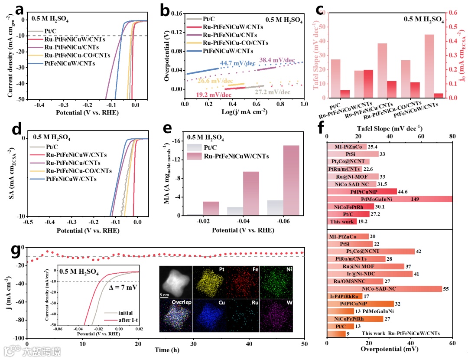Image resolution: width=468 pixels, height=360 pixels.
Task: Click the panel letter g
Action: click(x=16, y=250)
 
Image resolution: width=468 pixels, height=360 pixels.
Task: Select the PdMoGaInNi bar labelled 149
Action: click(x=390, y=199)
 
